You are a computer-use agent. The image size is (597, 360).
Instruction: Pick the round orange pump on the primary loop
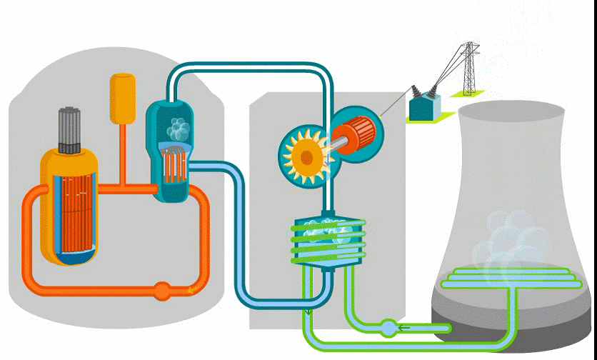pyautogui.click(x=163, y=290)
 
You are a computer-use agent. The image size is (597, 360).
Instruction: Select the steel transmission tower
pyautogui.click(x=468, y=68)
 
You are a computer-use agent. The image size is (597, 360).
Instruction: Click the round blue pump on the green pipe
pyautogui.click(x=387, y=328)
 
